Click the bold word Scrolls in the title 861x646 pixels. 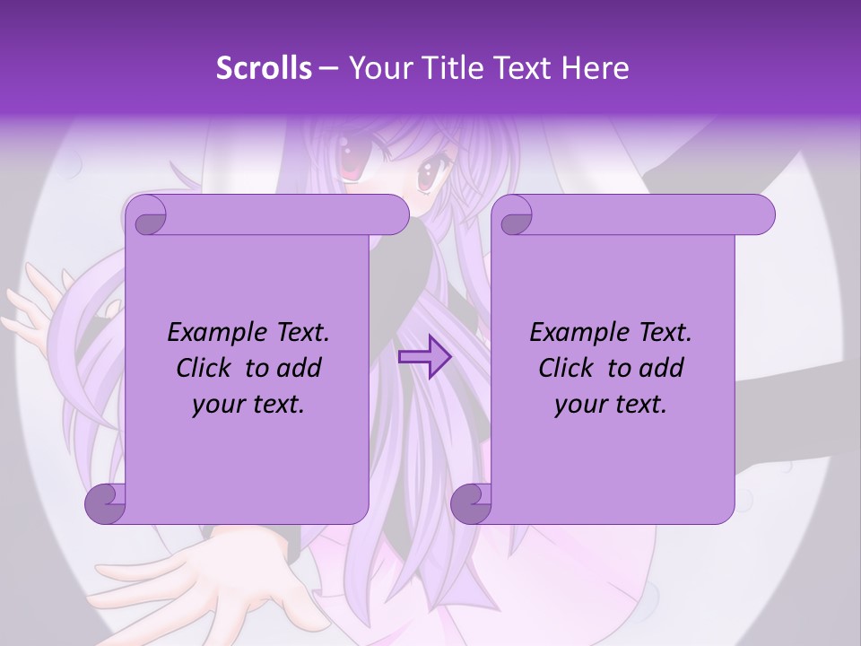click(x=265, y=68)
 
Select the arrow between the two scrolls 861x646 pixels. click(x=424, y=356)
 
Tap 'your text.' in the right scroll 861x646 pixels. click(x=611, y=405)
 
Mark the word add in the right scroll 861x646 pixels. click(x=662, y=368)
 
